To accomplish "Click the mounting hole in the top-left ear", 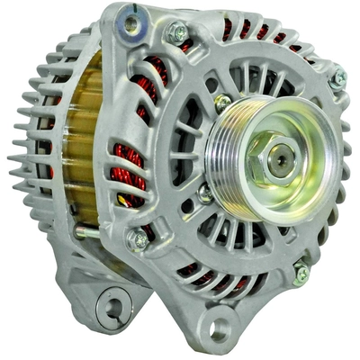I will [x=131, y=24].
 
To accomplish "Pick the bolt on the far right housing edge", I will [x=338, y=79].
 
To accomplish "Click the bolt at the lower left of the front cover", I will [x=138, y=239].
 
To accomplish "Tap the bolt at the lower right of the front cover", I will [x=301, y=270].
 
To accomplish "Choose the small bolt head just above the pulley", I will [x=222, y=102].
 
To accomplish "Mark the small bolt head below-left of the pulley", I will [x=205, y=192].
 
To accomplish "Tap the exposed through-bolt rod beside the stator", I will [x=85, y=233].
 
